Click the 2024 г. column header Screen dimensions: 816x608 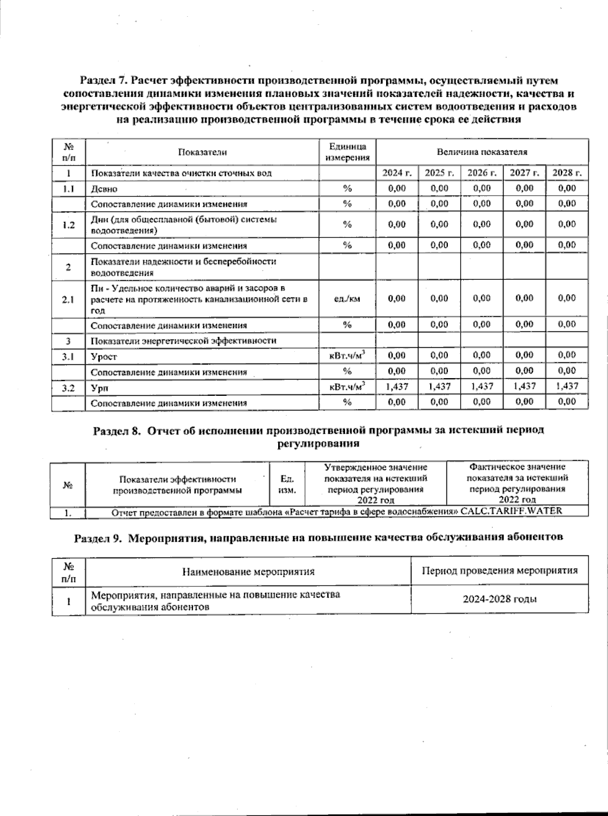coord(397,173)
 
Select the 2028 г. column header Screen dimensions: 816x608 coord(567,173)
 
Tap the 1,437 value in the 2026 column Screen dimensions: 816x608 coord(482,386)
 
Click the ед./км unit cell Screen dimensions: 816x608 coord(347,299)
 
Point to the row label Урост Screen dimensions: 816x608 coord(104,357)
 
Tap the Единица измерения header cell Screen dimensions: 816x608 coord(347,152)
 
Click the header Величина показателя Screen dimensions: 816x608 coord(482,152)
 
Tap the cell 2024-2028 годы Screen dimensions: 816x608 coord(500,600)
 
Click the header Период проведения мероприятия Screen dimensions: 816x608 coord(500,571)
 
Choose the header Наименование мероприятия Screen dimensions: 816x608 coord(248,572)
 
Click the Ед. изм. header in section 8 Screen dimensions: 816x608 coord(287,485)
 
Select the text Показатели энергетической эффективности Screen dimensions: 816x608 coord(183,341)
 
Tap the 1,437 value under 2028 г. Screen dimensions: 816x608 coord(567,386)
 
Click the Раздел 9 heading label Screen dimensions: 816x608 coord(98,538)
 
